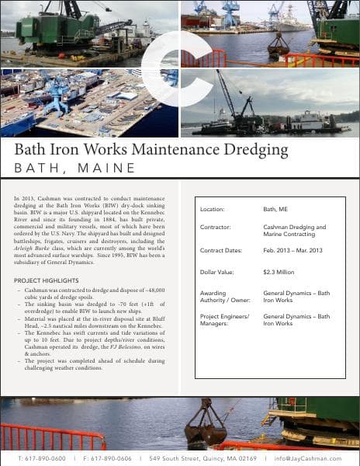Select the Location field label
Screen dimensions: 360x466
click(x=212, y=210)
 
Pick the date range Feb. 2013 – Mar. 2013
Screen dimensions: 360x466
click(x=292, y=250)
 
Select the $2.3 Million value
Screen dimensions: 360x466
click(x=279, y=272)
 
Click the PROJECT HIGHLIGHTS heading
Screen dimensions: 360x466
click(x=46, y=280)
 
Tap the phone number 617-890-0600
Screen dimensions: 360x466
click(x=46, y=458)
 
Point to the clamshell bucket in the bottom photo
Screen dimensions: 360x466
click(x=205, y=426)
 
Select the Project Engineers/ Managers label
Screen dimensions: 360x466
click(x=224, y=319)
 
